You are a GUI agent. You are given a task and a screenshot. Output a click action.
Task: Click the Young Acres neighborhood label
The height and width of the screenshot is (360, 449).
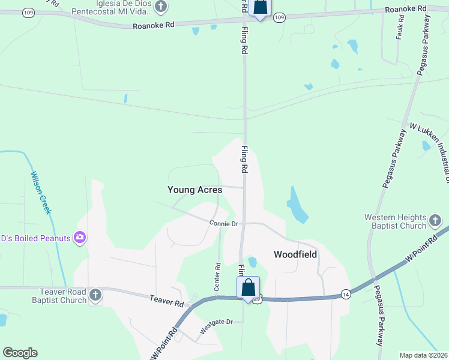[194, 190]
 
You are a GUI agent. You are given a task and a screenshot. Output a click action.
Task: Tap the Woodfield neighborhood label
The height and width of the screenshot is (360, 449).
[295, 254]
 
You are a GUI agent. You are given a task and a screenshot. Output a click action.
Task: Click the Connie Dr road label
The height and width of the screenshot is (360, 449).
[224, 224]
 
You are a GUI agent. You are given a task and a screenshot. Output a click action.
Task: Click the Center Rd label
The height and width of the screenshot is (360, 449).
[218, 273]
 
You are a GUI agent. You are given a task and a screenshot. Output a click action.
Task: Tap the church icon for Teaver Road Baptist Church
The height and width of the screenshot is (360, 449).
[95, 295]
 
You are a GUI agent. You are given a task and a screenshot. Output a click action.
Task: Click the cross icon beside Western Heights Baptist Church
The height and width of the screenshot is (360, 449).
[436, 222]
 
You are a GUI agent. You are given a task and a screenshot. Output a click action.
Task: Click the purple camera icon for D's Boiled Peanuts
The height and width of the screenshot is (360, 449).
[79, 238]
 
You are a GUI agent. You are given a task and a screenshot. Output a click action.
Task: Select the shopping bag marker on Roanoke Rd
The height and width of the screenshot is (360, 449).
[260, 7]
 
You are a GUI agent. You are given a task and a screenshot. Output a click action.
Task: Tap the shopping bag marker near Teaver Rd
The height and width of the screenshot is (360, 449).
[249, 288]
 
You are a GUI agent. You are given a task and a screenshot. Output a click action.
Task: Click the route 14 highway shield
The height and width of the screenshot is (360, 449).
[346, 293]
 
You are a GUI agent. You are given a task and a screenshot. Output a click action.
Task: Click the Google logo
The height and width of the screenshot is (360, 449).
[20, 353]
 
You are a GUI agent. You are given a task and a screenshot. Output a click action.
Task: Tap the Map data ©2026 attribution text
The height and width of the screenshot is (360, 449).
[423, 355]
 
